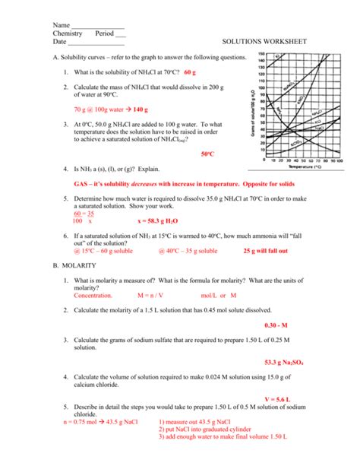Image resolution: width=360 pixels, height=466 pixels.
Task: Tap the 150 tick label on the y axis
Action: [x=261, y=55]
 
